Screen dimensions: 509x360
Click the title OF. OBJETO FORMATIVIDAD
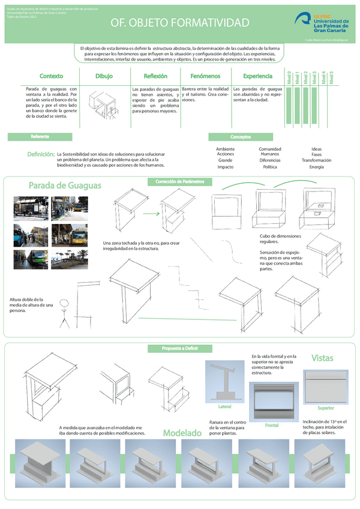coord(179,23)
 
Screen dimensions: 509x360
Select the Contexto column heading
coord(51,76)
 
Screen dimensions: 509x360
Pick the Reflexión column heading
coord(155,76)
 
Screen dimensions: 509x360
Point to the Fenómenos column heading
coord(205,76)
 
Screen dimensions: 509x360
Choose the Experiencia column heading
coord(257,76)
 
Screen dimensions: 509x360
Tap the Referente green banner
coord(41,137)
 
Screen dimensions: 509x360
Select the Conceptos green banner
coord(240,137)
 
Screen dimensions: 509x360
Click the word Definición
coord(41,155)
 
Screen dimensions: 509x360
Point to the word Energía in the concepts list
coord(316,167)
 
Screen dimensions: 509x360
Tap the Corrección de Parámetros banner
coord(179,181)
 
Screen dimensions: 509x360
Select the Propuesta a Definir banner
coord(179,348)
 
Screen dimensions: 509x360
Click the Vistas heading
coord(322,358)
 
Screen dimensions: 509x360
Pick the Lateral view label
coord(224,406)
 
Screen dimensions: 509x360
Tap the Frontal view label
coord(272,425)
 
